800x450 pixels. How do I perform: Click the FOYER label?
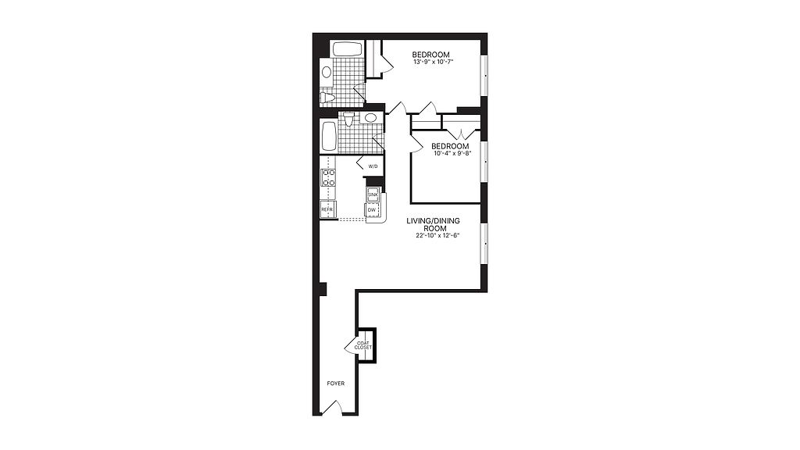(x=336, y=383)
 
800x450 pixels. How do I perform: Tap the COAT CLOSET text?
(x=363, y=345)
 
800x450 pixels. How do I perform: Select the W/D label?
(x=373, y=166)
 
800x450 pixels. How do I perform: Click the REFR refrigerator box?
(x=327, y=209)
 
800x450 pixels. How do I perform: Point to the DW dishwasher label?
(x=371, y=209)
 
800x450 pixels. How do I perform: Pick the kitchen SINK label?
(x=373, y=195)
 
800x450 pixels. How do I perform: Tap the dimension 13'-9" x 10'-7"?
(x=433, y=62)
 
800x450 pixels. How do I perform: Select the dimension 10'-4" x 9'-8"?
(x=450, y=153)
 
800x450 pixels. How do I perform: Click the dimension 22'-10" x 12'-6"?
(x=434, y=236)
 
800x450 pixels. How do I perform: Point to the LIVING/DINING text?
(x=433, y=221)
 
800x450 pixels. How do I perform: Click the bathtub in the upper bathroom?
(x=348, y=49)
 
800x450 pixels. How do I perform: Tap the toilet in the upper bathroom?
(x=327, y=97)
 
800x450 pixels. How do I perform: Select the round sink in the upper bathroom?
(x=327, y=72)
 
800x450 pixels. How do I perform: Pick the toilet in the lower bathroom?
(x=348, y=120)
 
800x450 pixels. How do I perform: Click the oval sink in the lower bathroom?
(x=370, y=118)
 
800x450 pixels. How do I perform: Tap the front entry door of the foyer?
(x=332, y=407)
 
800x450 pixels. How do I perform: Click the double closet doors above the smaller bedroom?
(x=461, y=134)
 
